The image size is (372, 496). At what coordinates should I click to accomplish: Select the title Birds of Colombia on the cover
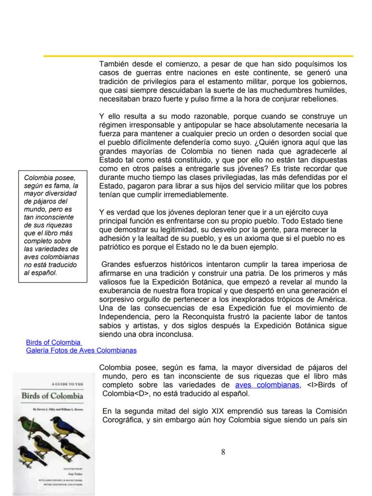click(x=53, y=396)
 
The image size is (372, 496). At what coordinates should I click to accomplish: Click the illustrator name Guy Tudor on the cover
click(x=75, y=474)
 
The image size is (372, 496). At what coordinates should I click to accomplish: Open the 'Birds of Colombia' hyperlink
click(x=53, y=342)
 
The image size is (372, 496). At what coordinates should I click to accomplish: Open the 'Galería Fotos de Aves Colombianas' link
click(x=81, y=350)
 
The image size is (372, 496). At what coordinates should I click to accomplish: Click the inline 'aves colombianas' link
click(x=267, y=385)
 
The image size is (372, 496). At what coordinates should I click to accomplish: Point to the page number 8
click(x=223, y=452)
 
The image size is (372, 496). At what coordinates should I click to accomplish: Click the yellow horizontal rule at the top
click(x=198, y=56)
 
